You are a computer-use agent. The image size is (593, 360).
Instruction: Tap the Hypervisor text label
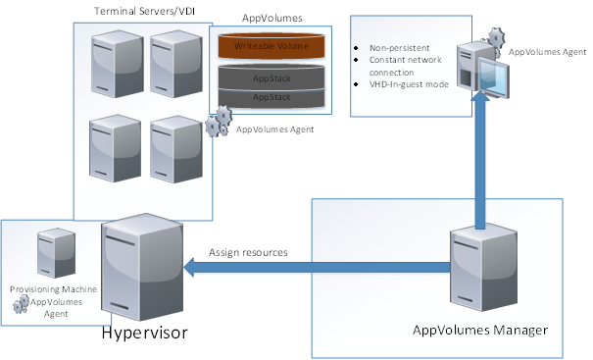pyautogui.click(x=143, y=333)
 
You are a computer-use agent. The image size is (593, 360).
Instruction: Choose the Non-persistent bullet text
pyautogui.click(x=391, y=46)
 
